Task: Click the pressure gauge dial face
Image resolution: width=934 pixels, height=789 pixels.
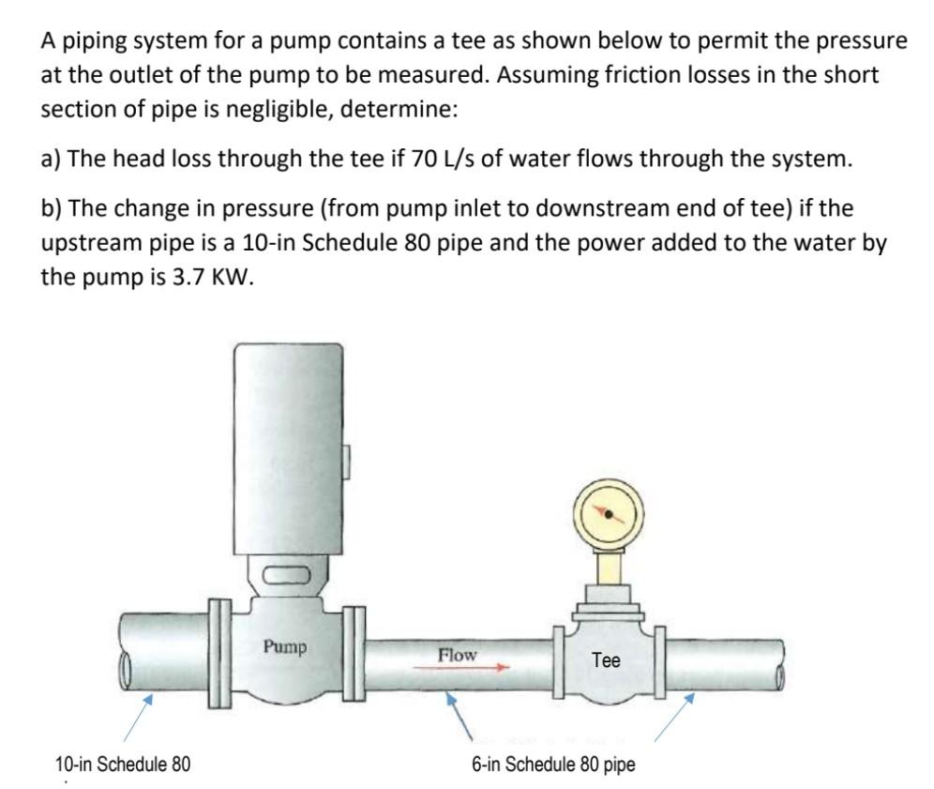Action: pyautogui.click(x=608, y=514)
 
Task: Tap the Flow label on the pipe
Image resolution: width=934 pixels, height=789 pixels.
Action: pyautogui.click(x=457, y=654)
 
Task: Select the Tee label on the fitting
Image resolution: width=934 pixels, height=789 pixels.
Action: pyautogui.click(x=607, y=660)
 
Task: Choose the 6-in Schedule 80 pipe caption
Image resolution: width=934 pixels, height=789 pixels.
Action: pyautogui.click(x=553, y=765)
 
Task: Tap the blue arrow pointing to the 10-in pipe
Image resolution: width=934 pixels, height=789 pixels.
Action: pyautogui.click(x=138, y=712)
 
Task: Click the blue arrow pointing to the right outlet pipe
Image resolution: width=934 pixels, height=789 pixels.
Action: pyautogui.click(x=677, y=712)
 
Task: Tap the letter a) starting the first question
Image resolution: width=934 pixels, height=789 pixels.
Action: pyautogui.click(x=51, y=159)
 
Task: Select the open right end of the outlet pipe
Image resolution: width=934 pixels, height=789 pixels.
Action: pyautogui.click(x=778, y=662)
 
